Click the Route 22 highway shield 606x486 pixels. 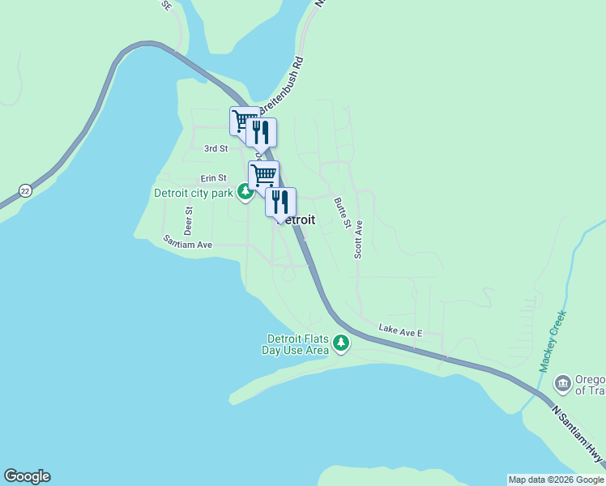pos(25,190)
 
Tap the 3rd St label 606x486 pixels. pos(216,149)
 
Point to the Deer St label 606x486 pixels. pos(188,220)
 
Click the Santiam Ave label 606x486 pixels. pos(187,242)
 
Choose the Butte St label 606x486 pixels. pos(342,211)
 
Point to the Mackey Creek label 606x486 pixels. pos(553,341)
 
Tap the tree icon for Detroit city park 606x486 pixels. pos(245,193)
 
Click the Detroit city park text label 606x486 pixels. pos(194,194)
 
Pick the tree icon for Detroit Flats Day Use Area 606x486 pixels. pos(342,344)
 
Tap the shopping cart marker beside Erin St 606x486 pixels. pos(263,174)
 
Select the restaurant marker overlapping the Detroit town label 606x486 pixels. pos(280,201)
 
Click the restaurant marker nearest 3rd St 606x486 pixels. pos(261,132)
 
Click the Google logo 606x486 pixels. pos(27,476)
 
